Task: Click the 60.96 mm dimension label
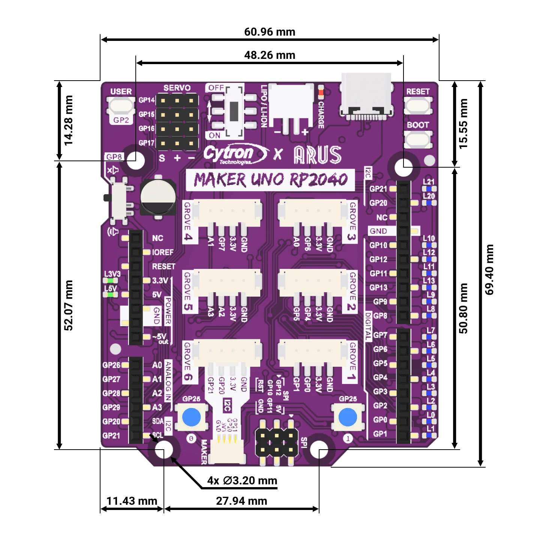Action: pos(270,32)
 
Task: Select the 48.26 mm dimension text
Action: pos(270,55)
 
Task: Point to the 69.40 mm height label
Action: pos(489,270)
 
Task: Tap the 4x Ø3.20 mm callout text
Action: pos(242,480)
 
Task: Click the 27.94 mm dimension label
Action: pos(241,501)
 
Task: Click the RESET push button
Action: pos(418,105)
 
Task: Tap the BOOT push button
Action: pos(418,139)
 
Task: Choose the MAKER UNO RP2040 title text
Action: pos(270,180)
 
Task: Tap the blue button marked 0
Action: pos(191,417)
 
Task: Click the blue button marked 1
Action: pos(348,417)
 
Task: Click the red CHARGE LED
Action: pos(321,92)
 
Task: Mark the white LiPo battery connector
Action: pos(291,102)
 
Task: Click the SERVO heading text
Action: pos(177,88)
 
